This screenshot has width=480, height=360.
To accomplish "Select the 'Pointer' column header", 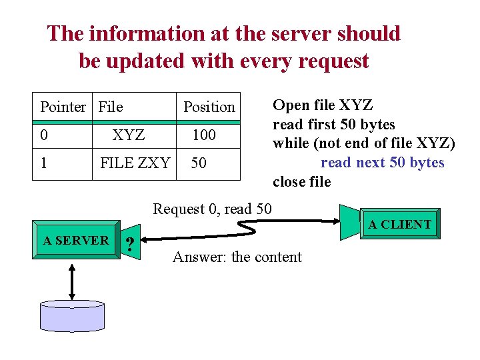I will (63, 107).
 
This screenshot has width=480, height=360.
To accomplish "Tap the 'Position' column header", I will (209, 107).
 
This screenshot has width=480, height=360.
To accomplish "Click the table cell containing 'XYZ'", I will (129, 135).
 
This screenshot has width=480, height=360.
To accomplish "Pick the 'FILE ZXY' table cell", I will (134, 163).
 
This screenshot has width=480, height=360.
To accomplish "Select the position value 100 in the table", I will (203, 135).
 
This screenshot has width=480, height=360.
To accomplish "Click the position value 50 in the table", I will (198, 163).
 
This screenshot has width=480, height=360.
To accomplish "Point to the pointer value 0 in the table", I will (44, 135).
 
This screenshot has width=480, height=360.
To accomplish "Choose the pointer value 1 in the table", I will (44, 163).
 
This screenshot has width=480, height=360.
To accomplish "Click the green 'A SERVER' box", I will (75, 241).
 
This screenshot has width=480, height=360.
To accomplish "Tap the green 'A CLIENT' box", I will (399, 225).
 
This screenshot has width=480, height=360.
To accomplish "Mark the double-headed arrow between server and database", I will (72, 279).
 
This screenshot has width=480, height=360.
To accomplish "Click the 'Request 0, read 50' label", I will (212, 209).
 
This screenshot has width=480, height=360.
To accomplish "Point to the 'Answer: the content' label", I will (237, 257).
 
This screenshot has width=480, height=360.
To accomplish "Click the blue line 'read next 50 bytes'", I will (382, 163).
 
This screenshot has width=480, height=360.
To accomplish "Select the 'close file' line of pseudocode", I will (301, 181).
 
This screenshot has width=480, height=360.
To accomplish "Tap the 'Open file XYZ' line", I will (323, 105).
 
